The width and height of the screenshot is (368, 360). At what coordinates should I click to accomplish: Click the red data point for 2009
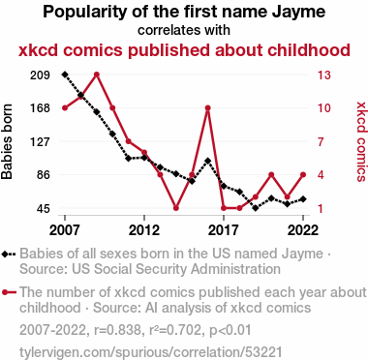pyautogui.click(x=97, y=75)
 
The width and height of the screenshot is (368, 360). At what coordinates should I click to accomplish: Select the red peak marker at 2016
pyautogui.click(x=208, y=108)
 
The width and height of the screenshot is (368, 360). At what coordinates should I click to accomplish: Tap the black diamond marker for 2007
pyautogui.click(x=65, y=75)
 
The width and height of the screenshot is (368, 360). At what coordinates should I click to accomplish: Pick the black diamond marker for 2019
pyautogui.click(x=256, y=208)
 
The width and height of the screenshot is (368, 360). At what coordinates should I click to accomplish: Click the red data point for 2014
pyautogui.click(x=176, y=208)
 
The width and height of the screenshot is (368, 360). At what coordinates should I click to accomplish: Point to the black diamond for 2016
pyautogui.click(x=208, y=161)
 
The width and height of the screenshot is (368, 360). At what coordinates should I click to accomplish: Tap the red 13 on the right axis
pyautogui.click(x=323, y=75)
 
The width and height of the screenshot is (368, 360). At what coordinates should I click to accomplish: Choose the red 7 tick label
pyautogui.click(x=321, y=141)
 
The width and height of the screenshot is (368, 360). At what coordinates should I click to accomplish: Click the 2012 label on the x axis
pyautogui.click(x=144, y=230)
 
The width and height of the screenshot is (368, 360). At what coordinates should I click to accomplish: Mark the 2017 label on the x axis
pyautogui.click(x=224, y=230)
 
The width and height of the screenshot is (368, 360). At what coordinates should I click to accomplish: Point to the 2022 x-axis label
pyautogui.click(x=303, y=230)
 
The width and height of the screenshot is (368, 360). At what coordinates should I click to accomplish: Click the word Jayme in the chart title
pyautogui.click(x=298, y=13)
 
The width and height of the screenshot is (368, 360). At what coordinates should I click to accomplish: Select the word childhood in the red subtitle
pyautogui.click(x=309, y=50)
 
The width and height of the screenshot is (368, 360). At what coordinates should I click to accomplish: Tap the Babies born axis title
pyautogui.click(x=7, y=141)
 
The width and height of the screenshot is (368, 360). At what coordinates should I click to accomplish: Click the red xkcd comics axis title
pyautogui.click(x=361, y=141)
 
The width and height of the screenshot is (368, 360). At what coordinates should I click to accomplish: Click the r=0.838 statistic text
pyautogui.click(x=118, y=330)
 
